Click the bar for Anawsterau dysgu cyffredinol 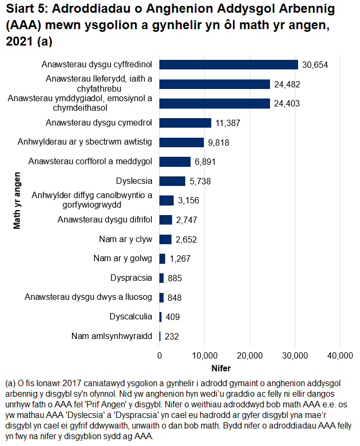point(229,65)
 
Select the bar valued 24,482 point(214,84)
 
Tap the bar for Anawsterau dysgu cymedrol point(185,123)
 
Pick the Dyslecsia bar point(173,181)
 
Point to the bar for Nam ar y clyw point(166,239)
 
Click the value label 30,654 point(316,65)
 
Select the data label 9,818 point(219,142)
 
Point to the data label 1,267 point(180,259)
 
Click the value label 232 point(172,336)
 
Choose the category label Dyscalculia point(131,317)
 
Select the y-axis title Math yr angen point(17,200)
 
